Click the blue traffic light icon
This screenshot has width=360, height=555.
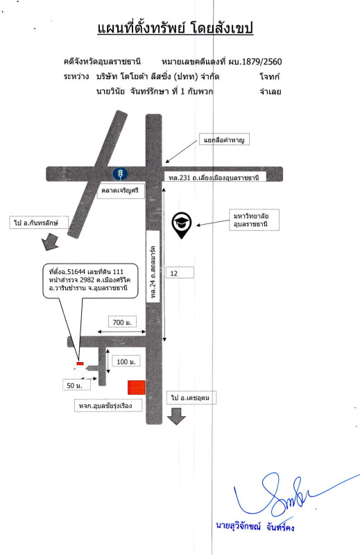click(121, 174)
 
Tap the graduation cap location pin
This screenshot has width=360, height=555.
click(182, 225)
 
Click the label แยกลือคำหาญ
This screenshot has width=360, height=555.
click(225, 139)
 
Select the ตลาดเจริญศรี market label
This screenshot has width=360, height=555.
click(121, 191)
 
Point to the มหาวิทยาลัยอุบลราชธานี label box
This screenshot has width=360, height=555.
click(254, 220)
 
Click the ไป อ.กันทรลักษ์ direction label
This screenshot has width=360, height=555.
click(39, 222)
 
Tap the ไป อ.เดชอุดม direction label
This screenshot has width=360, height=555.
click(191, 398)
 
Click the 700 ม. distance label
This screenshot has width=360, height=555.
click(122, 322)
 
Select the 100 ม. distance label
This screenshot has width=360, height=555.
click(126, 361)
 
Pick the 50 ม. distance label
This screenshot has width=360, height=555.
click(76, 385)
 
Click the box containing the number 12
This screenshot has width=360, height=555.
click(180, 273)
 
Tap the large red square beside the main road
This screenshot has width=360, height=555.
click(137, 388)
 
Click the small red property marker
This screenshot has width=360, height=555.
click(80, 364)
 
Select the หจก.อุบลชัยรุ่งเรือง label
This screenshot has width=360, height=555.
click(108, 405)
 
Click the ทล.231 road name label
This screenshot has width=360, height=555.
click(214, 178)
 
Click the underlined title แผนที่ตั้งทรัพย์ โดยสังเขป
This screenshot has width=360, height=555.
click(175, 28)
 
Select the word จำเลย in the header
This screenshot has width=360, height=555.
click(270, 92)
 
